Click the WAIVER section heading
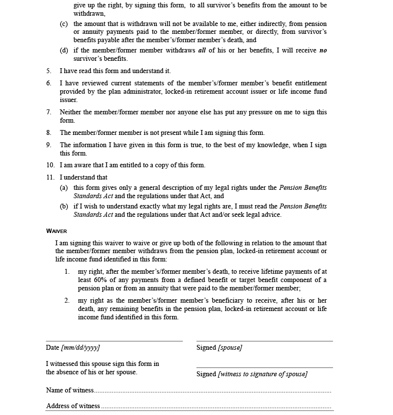[56, 231]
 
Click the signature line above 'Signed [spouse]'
[264, 340]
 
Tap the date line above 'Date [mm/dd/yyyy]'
[114, 340]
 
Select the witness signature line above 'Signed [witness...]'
[264, 367]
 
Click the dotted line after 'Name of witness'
[212, 392]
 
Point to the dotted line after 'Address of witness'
[216, 408]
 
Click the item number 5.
[49, 71]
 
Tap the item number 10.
[51, 165]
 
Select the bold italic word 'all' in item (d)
[202, 51]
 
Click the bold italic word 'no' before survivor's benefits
[323, 51]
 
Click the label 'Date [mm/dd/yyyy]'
[73, 348]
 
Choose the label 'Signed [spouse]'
[219, 348]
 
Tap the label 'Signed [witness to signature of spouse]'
[252, 374]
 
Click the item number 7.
[49, 112]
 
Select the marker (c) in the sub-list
[64, 24]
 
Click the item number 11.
[51, 178]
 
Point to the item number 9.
[49, 145]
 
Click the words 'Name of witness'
[70, 390]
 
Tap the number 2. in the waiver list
[67, 301]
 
